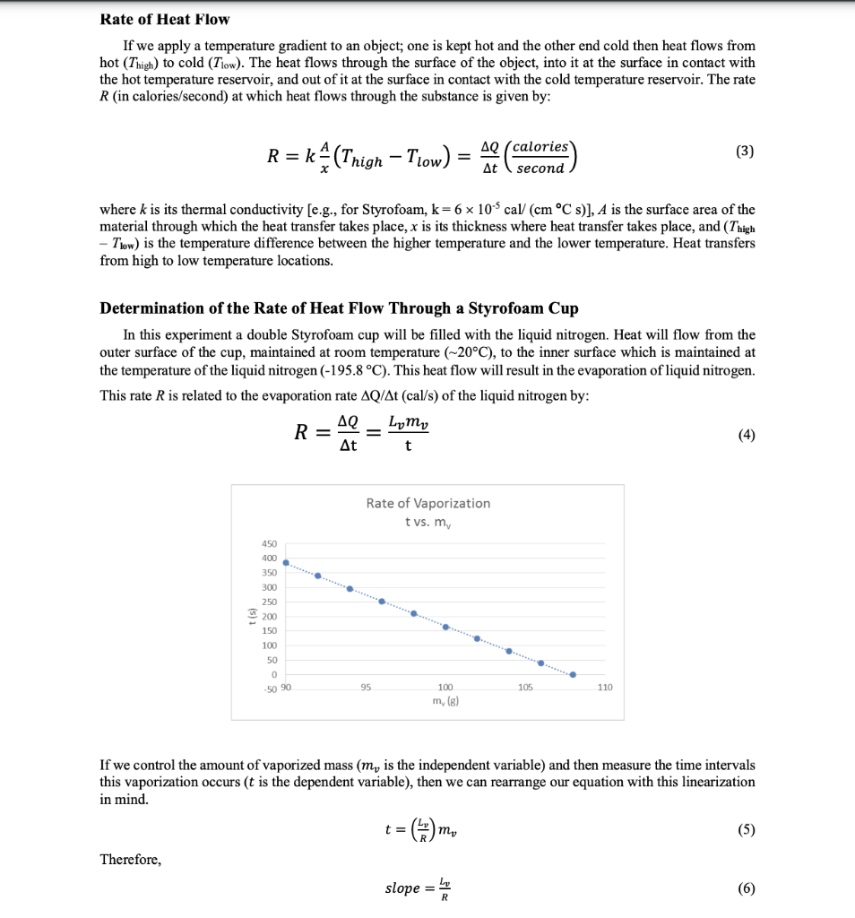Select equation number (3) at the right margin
[745, 151]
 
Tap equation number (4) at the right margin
[746, 435]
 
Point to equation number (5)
[746, 829]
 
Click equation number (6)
[746, 888]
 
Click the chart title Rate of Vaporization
[427, 503]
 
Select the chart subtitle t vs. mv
[427, 522]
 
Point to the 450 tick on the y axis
[269, 543]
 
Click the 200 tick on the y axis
[269, 617]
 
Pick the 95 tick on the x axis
[365, 688]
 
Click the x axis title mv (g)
[445, 700]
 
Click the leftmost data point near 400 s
[286, 563]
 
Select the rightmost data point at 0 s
[573, 675]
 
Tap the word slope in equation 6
[402, 888]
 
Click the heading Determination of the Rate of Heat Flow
[339, 308]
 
